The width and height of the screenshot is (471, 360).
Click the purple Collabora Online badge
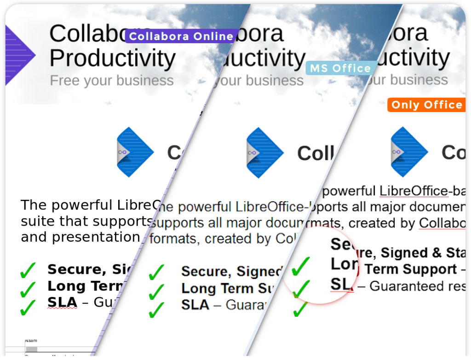point(181,36)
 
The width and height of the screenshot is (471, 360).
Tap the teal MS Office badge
point(340,69)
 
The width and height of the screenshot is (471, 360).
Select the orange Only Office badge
point(426,105)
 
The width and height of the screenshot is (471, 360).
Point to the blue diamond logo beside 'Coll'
point(264,152)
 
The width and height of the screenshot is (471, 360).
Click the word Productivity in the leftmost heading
point(112,58)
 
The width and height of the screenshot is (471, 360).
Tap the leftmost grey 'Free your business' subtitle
point(112,81)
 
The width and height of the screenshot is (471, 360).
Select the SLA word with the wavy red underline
point(62,302)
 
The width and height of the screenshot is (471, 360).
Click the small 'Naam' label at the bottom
point(31,341)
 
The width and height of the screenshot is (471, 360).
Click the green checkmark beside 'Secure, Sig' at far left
point(28,270)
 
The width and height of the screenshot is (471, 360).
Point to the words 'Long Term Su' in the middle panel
point(227,289)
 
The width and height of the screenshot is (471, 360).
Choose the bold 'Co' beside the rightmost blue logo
point(454,152)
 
